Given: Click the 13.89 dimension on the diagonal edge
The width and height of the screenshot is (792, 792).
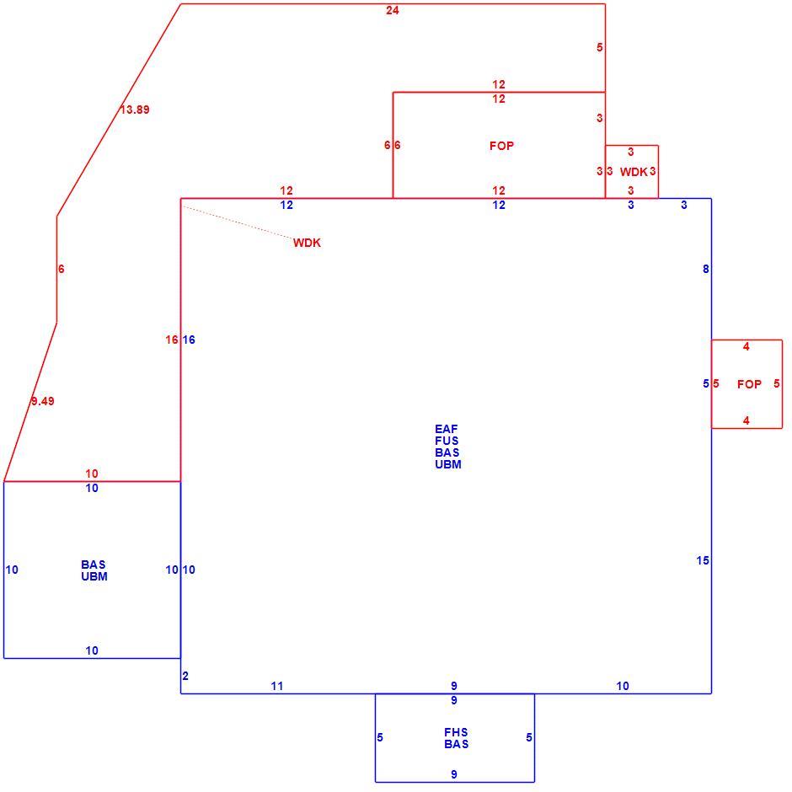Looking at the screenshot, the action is (x=135, y=110).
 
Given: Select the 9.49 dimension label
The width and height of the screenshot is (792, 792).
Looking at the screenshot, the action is (x=43, y=401).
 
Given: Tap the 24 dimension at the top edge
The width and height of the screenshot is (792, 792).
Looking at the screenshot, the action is (x=393, y=11).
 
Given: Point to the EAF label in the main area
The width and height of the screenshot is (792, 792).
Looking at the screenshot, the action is (x=447, y=430).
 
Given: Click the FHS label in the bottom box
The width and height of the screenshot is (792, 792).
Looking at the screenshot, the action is (x=456, y=732).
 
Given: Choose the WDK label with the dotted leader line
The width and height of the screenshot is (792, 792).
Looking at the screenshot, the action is (x=307, y=243).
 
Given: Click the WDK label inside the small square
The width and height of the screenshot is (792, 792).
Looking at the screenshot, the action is (x=634, y=172).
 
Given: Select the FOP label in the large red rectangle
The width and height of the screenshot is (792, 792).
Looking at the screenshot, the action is (x=501, y=146).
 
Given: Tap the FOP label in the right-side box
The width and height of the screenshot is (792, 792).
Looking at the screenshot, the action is (x=749, y=384).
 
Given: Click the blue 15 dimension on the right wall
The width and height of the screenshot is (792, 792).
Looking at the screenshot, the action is (x=703, y=560).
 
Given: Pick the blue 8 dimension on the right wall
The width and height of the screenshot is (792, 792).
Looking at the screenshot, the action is (x=705, y=270).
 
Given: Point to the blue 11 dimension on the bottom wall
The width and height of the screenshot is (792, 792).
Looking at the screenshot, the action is (x=277, y=686).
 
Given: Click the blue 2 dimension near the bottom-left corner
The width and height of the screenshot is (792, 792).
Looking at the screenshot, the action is (x=185, y=676).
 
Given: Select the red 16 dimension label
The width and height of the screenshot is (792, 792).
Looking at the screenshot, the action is (x=172, y=340).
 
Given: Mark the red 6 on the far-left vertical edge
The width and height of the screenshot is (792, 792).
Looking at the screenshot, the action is (x=62, y=270).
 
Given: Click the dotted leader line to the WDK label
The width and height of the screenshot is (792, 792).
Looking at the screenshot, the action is (x=238, y=222).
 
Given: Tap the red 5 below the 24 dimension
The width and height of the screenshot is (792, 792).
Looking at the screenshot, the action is (x=600, y=47).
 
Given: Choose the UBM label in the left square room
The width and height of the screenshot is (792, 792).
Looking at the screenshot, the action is (x=94, y=576).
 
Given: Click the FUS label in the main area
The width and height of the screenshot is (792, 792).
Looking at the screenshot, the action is (x=447, y=441).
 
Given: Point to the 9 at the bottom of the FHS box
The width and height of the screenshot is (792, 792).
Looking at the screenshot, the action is (x=454, y=774).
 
